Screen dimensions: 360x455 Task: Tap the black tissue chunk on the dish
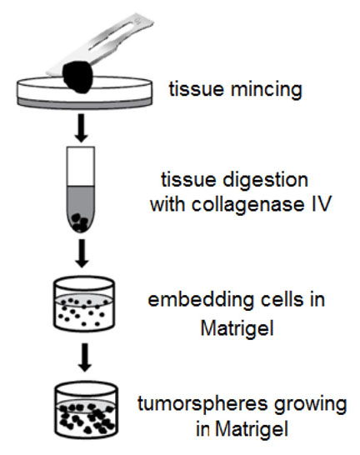coord(77,77)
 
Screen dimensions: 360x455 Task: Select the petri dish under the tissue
coord(84,92)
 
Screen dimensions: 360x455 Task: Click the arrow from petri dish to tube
coord(82,128)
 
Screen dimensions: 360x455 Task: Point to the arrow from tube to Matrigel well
coord(82,253)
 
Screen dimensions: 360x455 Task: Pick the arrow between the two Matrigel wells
coord(85,357)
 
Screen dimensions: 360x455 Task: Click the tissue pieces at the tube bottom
coord(80,222)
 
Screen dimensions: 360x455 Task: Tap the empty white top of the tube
coord(81,167)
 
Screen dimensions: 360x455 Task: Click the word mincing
coord(267,90)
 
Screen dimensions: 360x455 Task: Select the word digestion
coord(265,181)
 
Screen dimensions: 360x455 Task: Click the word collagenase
coord(247,204)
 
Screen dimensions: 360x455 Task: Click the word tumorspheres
coord(202,404)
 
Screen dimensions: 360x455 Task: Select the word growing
coord(311,405)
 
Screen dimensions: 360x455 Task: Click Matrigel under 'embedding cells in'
coord(237,329)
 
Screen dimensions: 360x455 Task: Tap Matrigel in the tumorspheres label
coord(252,429)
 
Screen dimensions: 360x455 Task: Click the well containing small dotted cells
coord(84,304)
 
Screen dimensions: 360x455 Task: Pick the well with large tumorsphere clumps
coord(86,409)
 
